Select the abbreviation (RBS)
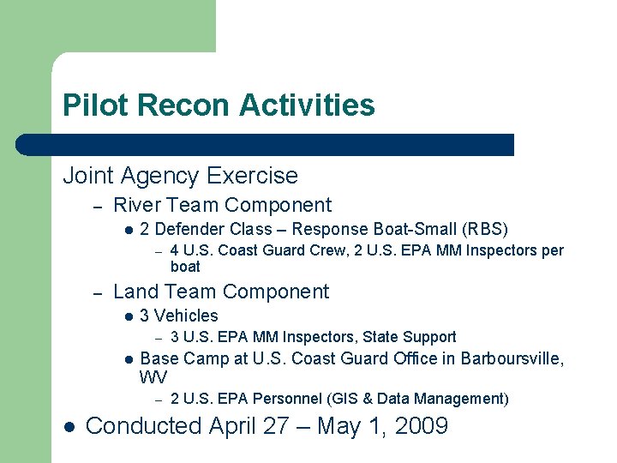[485, 230]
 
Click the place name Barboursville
[510, 358]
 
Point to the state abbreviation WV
[154, 377]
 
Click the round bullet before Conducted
[69, 426]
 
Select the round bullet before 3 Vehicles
[127, 316]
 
